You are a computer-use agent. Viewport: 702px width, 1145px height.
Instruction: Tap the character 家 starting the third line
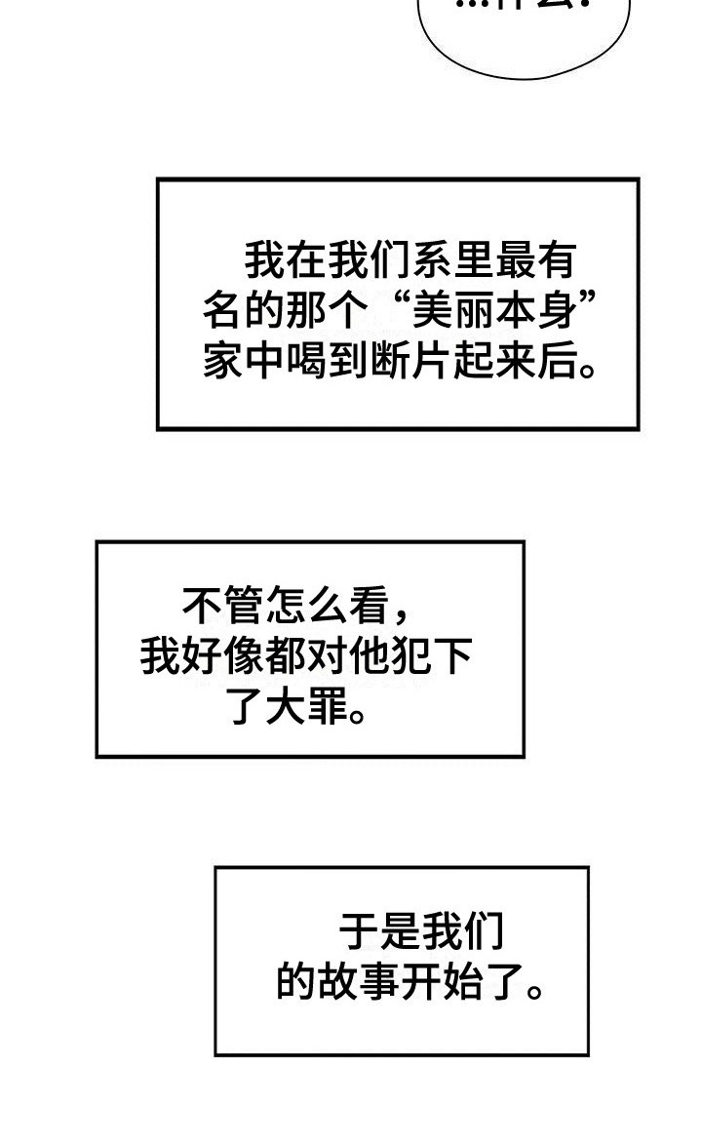pos(222,363)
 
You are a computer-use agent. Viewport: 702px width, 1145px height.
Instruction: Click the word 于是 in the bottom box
pos(380,932)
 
